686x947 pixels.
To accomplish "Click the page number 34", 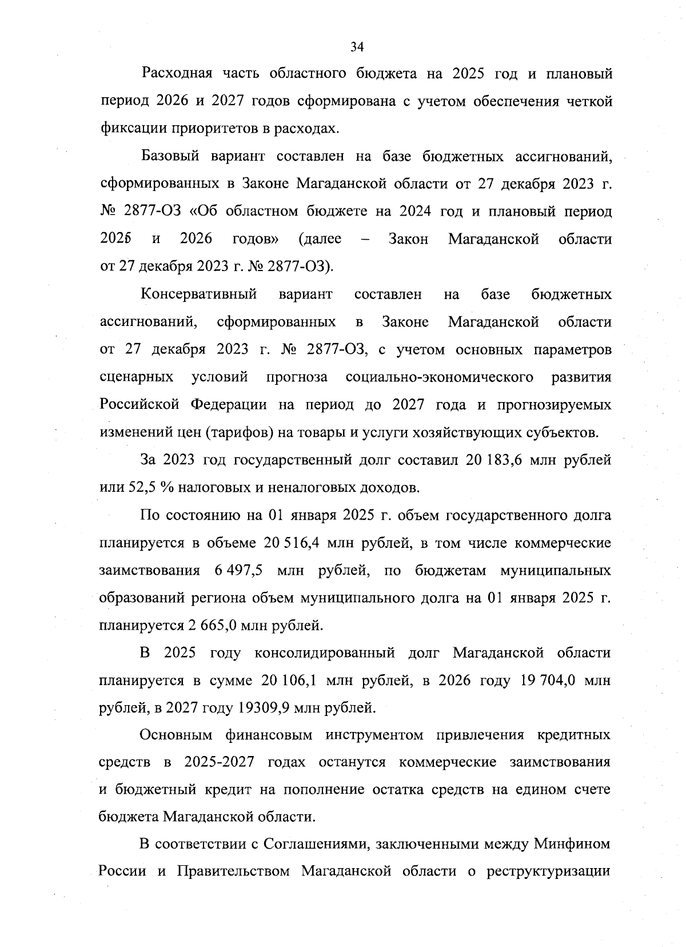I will (x=357, y=47).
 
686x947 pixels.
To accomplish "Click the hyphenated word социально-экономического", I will (x=440, y=377).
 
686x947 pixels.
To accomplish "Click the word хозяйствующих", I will (x=487, y=433).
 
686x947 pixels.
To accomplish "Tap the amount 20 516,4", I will (x=290, y=543).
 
